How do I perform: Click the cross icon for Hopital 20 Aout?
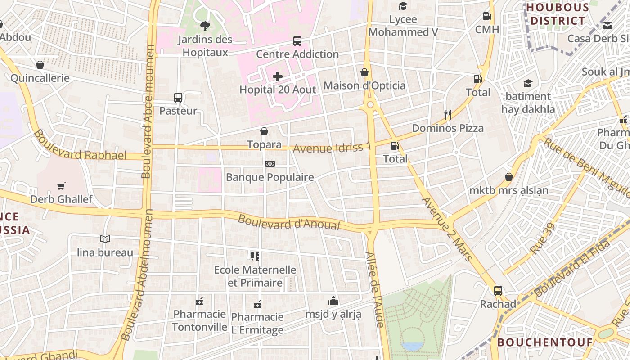click(278, 76)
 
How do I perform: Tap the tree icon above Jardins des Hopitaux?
click(205, 26)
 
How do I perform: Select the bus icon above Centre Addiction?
click(297, 41)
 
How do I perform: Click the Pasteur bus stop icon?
click(178, 98)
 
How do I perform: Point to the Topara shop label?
click(264, 144)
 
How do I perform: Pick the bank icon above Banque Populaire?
click(270, 164)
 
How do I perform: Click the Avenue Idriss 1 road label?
click(333, 147)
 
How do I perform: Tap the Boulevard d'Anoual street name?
click(288, 222)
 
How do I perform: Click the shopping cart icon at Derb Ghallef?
click(61, 186)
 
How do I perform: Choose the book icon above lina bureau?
click(105, 239)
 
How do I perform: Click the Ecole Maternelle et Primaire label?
click(255, 276)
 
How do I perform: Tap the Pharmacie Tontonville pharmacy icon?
click(199, 301)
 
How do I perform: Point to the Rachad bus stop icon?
click(498, 291)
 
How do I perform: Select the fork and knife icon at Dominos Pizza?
click(447, 115)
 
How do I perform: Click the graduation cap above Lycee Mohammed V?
click(403, 6)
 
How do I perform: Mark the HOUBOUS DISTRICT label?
click(558, 14)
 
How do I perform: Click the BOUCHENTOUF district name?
click(545, 342)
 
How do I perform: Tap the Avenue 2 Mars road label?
click(447, 229)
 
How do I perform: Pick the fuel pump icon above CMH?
click(487, 16)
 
